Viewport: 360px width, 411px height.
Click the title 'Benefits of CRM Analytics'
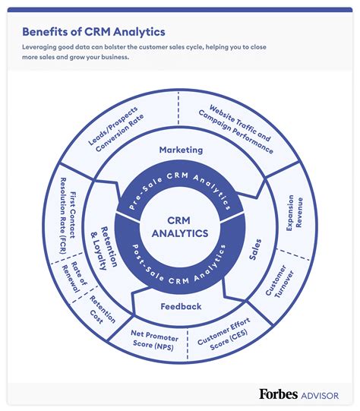point(93,32)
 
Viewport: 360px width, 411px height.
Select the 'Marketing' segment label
point(181,150)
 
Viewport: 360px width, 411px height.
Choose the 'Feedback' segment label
point(181,306)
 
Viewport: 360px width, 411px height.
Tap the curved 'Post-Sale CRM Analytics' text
point(181,267)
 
